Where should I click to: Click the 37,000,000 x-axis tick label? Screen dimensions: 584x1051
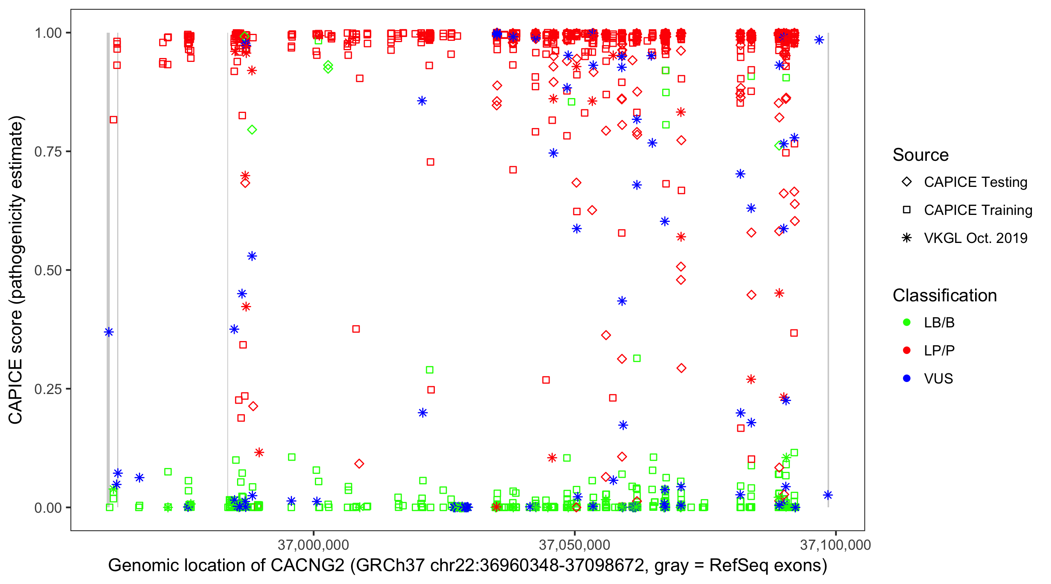tap(313, 545)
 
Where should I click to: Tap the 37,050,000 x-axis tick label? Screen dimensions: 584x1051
tap(575, 545)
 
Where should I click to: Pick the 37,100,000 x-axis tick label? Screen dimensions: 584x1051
tap(836, 545)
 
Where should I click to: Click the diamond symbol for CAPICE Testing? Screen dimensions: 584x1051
tap(907, 182)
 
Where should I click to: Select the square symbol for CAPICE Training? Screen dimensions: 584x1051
tap(907, 210)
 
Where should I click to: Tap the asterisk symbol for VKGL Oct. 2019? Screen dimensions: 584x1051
tap(907, 238)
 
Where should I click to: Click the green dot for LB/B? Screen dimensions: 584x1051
tap(907, 322)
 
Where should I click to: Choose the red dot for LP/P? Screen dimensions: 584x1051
tap(907, 350)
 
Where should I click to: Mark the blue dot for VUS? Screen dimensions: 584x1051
tap(907, 378)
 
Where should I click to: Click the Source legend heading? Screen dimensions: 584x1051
tap(921, 155)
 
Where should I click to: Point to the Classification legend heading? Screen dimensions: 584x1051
tap(944, 296)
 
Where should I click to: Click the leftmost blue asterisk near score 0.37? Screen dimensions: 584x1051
tap(109, 332)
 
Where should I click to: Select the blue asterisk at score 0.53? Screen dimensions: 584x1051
tap(252, 256)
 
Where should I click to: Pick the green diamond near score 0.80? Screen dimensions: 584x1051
tap(252, 130)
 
